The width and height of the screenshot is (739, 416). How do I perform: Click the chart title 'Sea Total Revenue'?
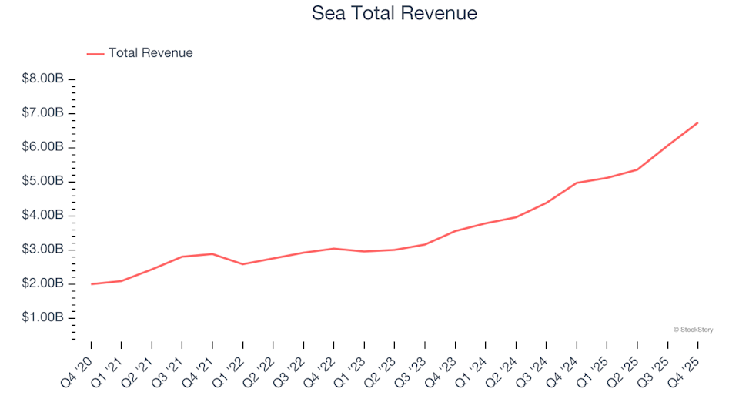(394, 13)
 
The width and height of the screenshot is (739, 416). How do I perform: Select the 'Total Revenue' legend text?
(150, 53)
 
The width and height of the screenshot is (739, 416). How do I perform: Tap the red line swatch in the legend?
(95, 54)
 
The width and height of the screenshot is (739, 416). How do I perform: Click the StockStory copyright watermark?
(693, 330)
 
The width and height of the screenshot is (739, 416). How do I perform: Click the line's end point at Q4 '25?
(697, 122)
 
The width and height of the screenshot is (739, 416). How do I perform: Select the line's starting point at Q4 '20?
(92, 284)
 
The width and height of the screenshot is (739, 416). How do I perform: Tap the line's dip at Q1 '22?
(243, 264)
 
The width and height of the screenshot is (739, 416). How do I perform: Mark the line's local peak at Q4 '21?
(212, 253)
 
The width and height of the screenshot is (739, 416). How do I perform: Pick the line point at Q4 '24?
(577, 183)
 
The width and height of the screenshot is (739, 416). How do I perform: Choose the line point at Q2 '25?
(637, 169)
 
